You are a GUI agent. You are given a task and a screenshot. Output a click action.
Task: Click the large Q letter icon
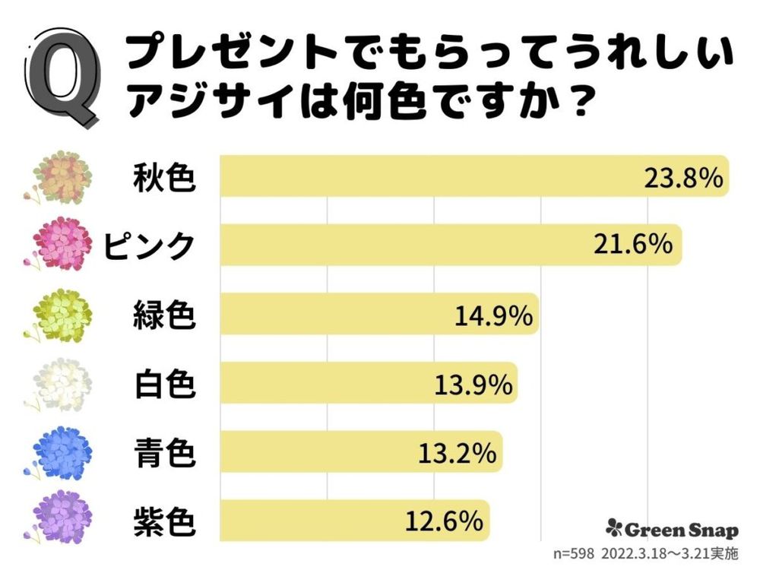pos(64,76)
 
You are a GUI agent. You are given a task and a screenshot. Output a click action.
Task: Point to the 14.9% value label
pos(492,314)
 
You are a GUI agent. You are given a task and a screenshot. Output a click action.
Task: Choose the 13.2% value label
pos(457,454)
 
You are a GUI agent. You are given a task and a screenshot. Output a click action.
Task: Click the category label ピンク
pos(150,245)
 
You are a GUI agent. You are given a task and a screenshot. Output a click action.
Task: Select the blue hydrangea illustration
pos(61,454)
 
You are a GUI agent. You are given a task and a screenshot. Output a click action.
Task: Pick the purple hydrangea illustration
pos(61,518)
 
